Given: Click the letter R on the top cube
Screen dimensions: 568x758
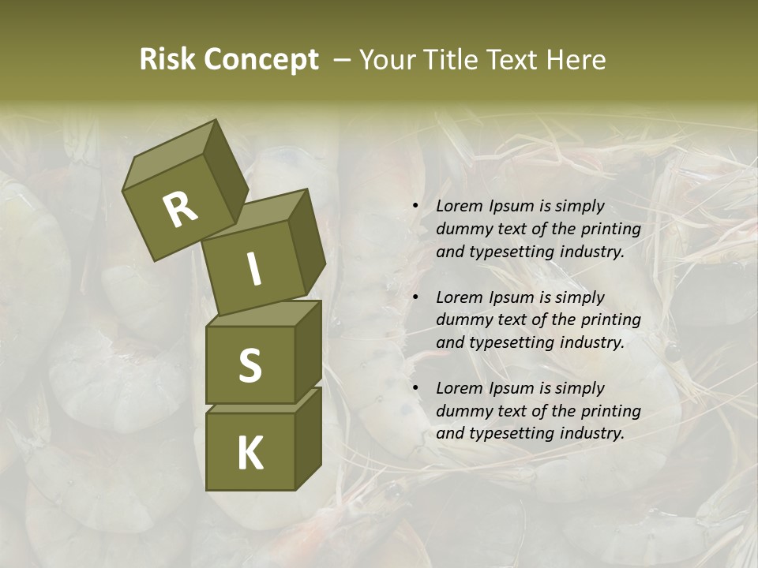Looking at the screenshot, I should (180, 209).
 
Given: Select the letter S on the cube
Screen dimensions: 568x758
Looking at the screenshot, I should (250, 366).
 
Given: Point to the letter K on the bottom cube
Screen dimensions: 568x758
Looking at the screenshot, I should (250, 454).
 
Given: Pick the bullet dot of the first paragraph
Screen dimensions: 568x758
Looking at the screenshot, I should (415, 207).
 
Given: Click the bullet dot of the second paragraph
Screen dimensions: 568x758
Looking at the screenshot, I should (415, 297).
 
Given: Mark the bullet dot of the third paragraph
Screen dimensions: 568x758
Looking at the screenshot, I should (415, 388).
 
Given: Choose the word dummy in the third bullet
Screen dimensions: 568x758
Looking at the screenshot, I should (462, 411).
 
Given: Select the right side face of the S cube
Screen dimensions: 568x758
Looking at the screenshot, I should (308, 347).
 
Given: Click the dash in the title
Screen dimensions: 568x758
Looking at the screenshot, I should (343, 60).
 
